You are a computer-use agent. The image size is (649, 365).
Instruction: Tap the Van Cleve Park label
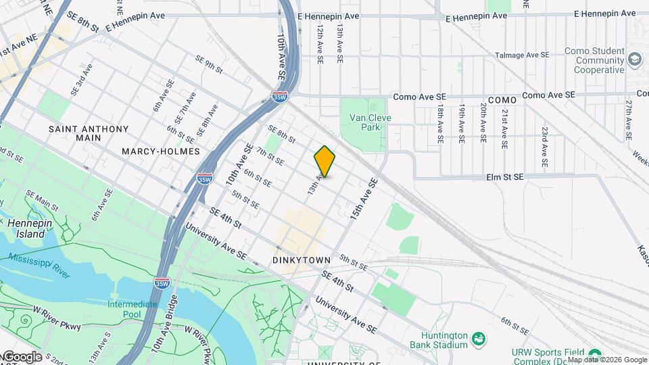tap(370, 122)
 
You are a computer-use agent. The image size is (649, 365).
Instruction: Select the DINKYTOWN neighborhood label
tap(302, 260)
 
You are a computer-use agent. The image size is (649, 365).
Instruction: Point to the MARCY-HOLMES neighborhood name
tap(161, 151)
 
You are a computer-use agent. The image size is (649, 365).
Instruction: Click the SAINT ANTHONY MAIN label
tap(89, 133)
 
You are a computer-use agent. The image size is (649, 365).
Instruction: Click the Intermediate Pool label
tap(133, 309)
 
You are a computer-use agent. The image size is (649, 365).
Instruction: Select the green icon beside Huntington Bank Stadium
tap(479, 337)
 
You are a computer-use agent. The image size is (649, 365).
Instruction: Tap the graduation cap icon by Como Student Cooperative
tap(635, 59)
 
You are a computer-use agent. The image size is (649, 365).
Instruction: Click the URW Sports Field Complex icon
tap(594, 355)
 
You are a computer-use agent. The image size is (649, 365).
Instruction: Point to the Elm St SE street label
tap(505, 177)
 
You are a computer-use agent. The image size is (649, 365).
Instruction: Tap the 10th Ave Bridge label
tap(165, 324)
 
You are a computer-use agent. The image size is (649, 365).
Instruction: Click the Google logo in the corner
tap(22, 356)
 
